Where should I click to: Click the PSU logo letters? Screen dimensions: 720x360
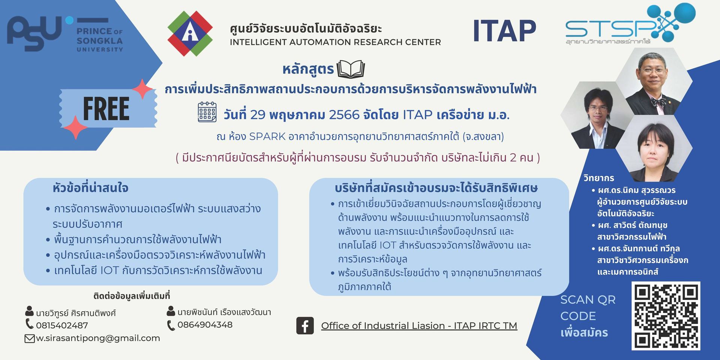point(34,33)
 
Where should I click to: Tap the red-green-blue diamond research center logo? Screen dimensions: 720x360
point(190,33)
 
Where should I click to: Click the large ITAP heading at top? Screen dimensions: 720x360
point(504,31)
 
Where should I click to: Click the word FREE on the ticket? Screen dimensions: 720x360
point(106,109)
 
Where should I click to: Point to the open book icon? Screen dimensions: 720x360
point(351,69)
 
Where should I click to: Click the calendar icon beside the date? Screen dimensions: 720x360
point(207,112)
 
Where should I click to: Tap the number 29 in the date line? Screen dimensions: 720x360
point(258,115)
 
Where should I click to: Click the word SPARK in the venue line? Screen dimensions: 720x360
point(267,136)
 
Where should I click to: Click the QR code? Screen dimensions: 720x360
point(666,316)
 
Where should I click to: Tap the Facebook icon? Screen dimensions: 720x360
point(305,325)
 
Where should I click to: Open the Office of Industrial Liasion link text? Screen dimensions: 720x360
point(419,325)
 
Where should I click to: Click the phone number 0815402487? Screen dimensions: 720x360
point(62,325)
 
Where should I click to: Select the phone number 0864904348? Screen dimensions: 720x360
point(205,325)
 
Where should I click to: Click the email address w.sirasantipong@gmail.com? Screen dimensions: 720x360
point(98,338)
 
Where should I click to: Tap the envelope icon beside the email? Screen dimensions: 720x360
point(30,339)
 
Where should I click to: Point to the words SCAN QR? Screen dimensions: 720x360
point(588,300)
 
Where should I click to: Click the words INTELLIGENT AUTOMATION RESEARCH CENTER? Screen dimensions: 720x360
point(335,42)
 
